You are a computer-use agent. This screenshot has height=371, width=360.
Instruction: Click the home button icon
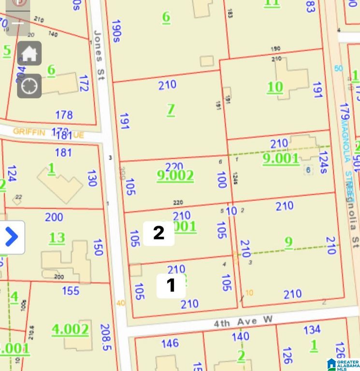tap(29, 53)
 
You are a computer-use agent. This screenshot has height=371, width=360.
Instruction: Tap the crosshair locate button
tap(29, 86)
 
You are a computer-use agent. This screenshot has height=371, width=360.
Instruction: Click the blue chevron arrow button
tap(12, 237)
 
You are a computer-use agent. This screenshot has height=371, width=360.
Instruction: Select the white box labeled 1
tap(171, 285)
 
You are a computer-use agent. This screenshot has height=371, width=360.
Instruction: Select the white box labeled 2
tap(158, 233)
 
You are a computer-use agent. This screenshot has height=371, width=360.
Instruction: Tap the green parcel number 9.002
tap(175, 175)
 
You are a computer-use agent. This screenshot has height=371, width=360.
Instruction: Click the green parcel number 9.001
tap(281, 158)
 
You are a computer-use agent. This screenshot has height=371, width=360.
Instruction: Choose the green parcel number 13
tap(57, 238)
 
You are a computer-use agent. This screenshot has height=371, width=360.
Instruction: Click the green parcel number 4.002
tap(71, 329)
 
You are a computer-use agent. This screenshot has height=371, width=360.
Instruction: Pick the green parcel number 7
tap(171, 110)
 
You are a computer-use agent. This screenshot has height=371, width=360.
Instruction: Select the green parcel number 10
tap(275, 87)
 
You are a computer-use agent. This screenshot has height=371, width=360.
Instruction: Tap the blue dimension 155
tap(71, 291)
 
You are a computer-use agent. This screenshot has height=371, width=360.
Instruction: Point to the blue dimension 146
tap(170, 343)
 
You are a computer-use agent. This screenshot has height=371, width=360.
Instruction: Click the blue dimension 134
tap(312, 329)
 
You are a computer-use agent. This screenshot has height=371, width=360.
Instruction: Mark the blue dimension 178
tap(64, 115)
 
